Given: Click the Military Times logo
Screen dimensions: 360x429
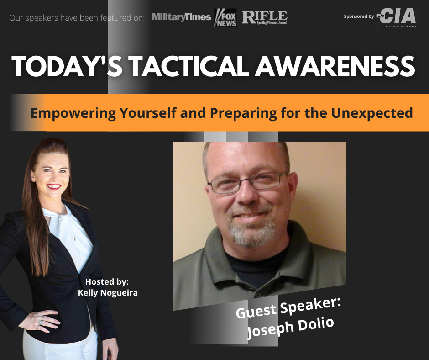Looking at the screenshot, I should pyautogui.click(x=181, y=17).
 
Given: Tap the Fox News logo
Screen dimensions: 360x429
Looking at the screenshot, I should pyautogui.click(x=225, y=17).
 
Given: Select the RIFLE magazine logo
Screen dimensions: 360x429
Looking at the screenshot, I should pyautogui.click(x=265, y=17).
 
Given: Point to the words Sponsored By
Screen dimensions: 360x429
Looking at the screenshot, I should pyautogui.click(x=359, y=16).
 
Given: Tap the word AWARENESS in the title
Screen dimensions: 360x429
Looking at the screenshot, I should pyautogui.click(x=335, y=67).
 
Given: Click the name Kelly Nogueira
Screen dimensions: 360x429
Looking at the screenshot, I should pyautogui.click(x=108, y=292).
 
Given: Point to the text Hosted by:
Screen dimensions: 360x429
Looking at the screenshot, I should pyautogui.click(x=107, y=281).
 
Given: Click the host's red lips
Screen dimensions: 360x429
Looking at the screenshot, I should pyautogui.click(x=53, y=187).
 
